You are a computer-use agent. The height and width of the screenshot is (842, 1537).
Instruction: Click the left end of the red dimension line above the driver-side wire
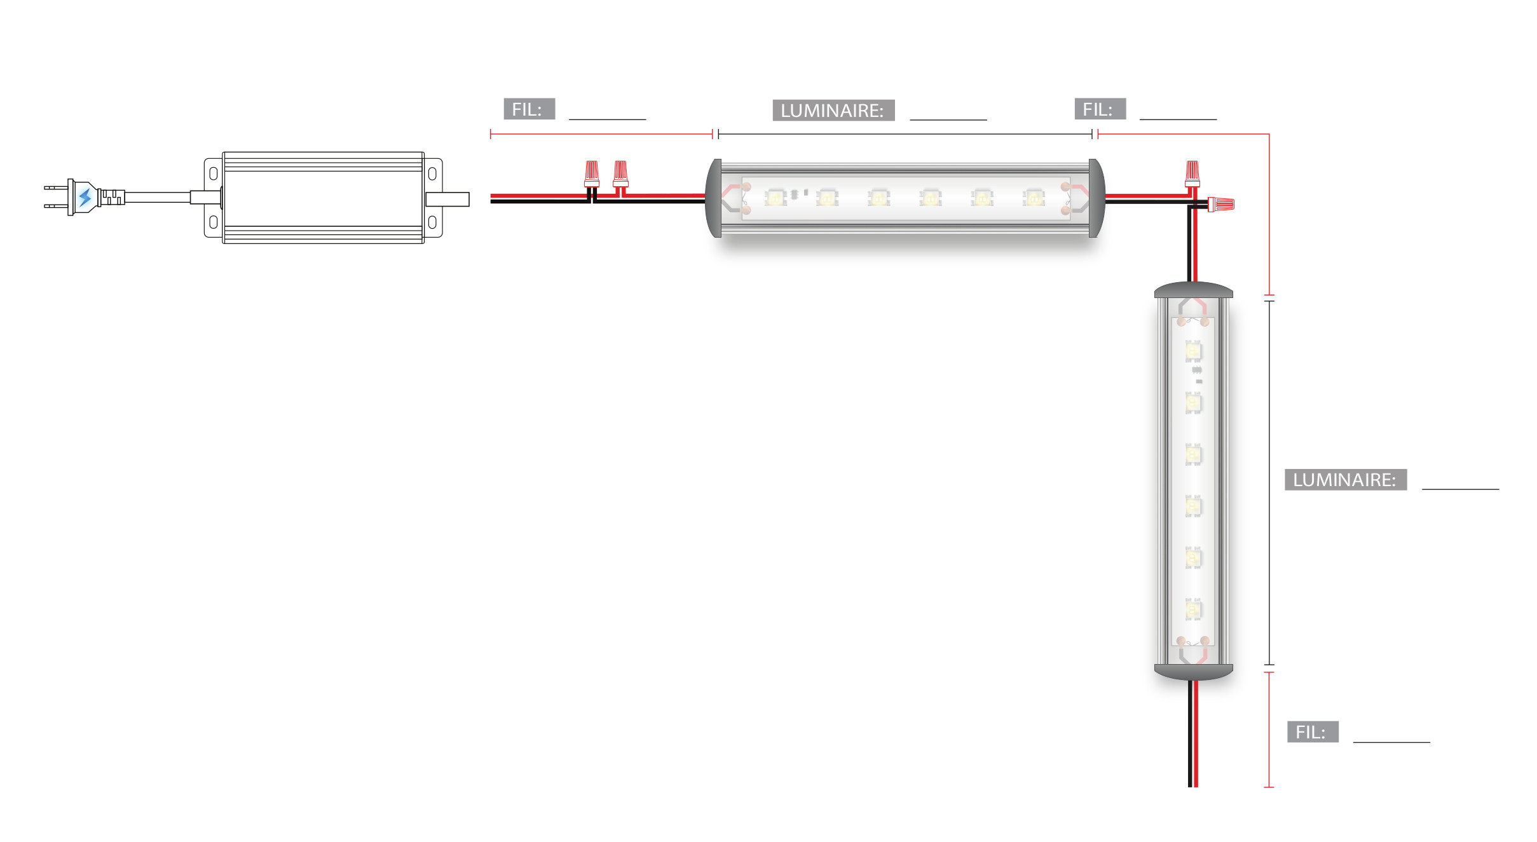(491, 134)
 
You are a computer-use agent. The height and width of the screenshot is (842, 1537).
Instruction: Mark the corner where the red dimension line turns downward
(1269, 134)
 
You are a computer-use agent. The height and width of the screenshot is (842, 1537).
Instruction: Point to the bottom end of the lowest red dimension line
(1269, 787)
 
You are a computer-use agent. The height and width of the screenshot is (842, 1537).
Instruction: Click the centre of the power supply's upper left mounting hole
(214, 173)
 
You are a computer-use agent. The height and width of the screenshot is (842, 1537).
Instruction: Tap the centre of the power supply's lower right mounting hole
(432, 222)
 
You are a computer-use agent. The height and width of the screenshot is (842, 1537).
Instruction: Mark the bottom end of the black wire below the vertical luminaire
(1190, 787)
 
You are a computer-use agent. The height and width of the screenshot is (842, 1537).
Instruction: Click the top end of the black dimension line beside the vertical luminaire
(1269, 301)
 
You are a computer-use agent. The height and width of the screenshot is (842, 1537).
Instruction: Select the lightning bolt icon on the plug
(85, 198)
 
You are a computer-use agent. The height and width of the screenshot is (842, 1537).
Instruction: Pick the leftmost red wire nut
(592, 173)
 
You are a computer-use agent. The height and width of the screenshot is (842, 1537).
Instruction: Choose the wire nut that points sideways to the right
(1220, 205)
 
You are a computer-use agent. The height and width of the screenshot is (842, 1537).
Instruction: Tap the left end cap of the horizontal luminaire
(713, 198)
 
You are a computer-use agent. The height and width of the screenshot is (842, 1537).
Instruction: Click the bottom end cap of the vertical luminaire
(1194, 672)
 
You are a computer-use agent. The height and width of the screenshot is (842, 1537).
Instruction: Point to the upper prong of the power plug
(56, 187)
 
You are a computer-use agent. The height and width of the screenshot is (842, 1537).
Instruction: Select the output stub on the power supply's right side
(447, 199)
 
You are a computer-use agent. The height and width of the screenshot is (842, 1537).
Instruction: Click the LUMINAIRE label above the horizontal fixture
(833, 110)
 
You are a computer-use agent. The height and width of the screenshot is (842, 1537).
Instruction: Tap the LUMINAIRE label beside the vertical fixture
(1346, 480)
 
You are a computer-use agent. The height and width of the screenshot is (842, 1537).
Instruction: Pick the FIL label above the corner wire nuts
(1100, 109)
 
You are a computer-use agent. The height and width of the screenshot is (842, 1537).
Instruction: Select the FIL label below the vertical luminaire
(1313, 731)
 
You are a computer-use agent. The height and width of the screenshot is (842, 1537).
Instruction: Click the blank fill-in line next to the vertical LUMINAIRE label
(1460, 489)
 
